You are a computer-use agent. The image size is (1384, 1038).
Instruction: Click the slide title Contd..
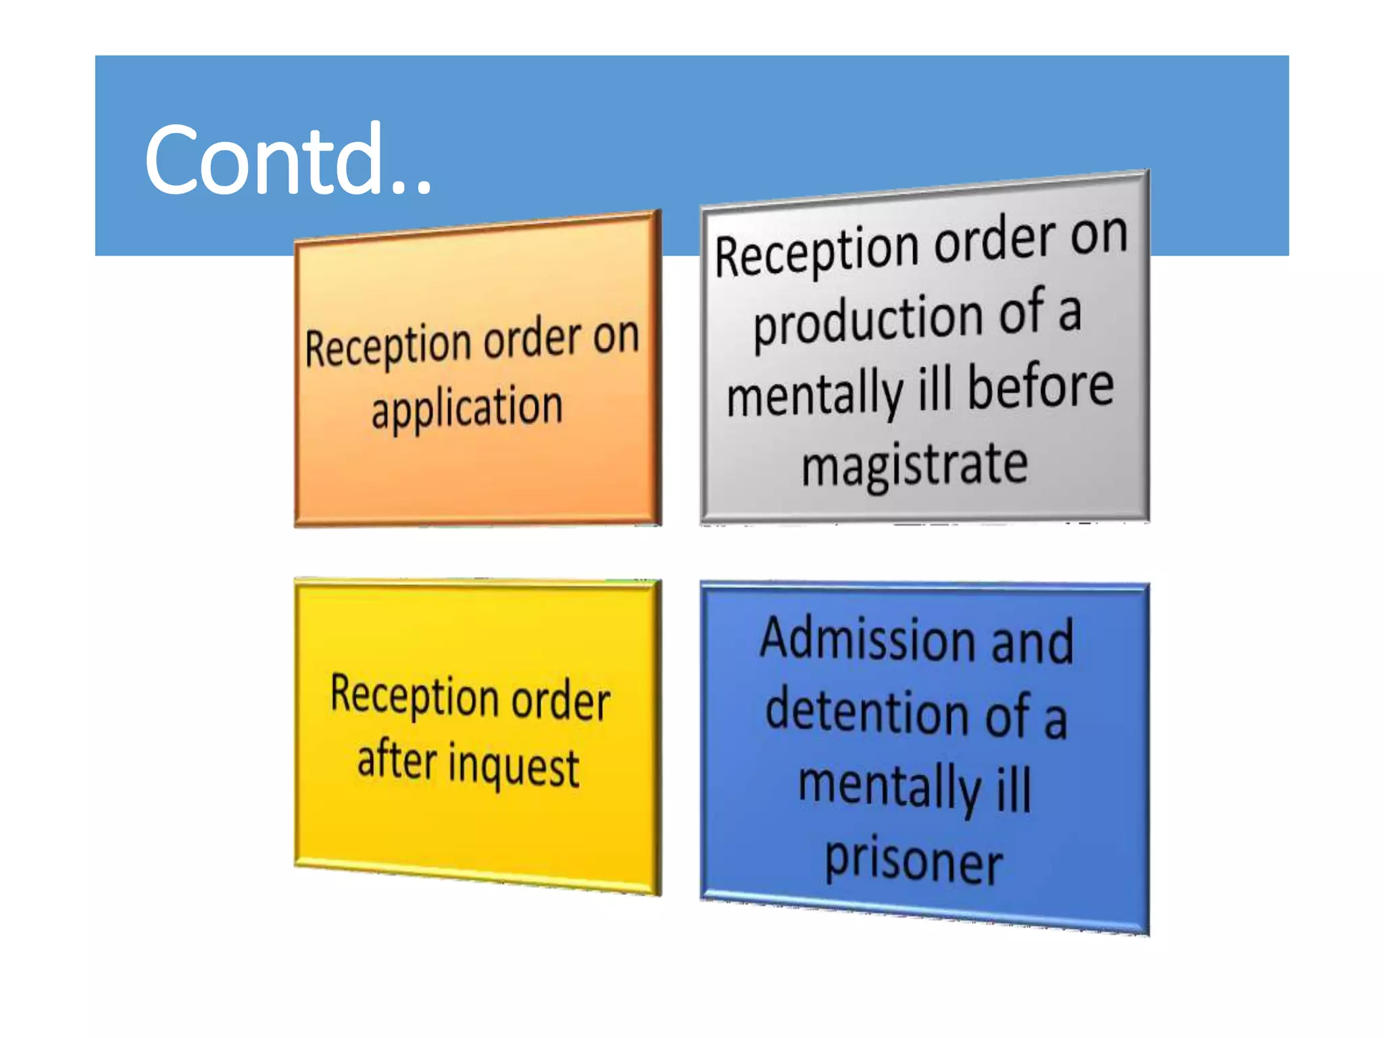pyautogui.click(x=287, y=159)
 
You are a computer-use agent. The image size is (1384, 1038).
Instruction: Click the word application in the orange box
pyautogui.click(x=467, y=407)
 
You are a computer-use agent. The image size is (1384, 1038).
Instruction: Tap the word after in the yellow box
pyautogui.click(x=397, y=760)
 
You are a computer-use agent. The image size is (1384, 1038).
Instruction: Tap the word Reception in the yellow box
pyautogui.click(x=414, y=695)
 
